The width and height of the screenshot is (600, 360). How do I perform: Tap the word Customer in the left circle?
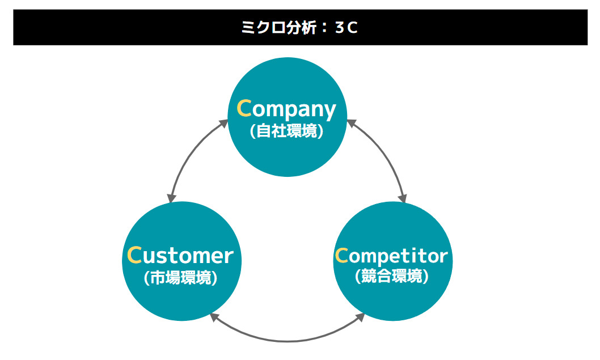(180, 256)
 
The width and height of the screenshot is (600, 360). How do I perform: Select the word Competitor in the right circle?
(391, 256)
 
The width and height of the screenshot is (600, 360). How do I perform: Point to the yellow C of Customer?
(134, 256)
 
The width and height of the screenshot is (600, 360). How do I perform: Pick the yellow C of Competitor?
(341, 256)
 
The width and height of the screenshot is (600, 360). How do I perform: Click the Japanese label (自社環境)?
(286, 132)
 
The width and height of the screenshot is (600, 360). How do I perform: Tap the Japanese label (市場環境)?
(180, 278)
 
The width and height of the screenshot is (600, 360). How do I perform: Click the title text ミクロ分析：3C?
(300, 28)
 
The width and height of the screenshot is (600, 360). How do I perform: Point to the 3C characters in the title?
(347, 28)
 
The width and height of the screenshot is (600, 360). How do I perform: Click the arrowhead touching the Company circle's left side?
(223, 124)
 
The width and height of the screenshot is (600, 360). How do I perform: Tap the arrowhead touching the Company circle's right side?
(350, 122)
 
